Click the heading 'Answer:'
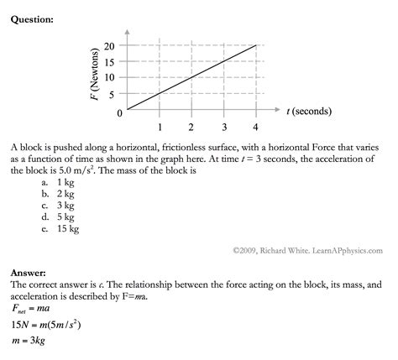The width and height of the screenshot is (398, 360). coord(29,274)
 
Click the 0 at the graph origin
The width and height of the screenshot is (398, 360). coord(120,112)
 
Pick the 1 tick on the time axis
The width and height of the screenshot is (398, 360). coord(160,128)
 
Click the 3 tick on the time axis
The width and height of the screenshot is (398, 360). coord(224,128)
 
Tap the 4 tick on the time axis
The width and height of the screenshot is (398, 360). coord(256,128)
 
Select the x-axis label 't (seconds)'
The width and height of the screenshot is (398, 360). coord(308,111)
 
